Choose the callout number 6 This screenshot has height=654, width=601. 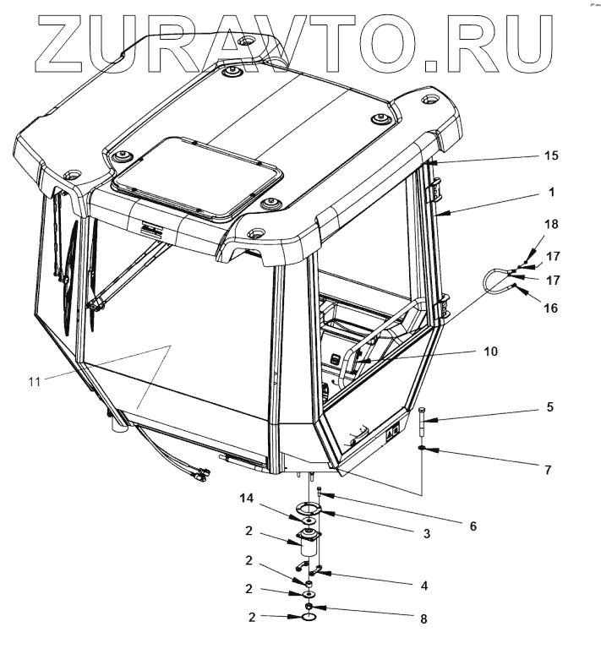coord(473,526)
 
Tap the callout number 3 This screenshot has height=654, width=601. coord(426,534)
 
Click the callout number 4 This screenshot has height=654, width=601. coord(424,585)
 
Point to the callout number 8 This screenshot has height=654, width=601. coord(424,619)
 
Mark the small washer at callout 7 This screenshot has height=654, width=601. coord(422,449)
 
